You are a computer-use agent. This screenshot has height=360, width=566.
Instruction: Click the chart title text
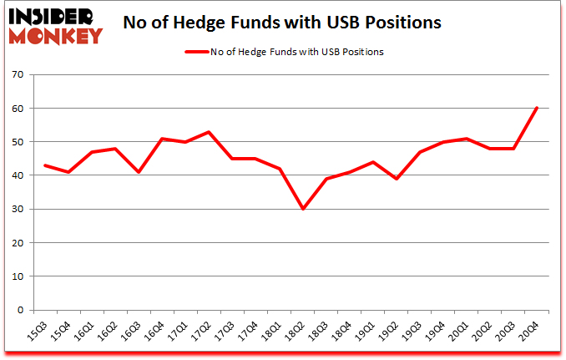[282, 23]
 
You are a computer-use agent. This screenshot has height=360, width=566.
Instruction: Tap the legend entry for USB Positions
[296, 52]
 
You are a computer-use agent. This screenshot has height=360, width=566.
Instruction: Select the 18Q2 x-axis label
[298, 329]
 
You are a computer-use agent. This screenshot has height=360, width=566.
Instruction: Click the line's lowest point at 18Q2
[303, 209]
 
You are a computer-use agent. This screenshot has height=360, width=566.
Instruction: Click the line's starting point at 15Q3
[44, 165]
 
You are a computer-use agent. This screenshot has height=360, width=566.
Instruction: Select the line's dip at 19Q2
[397, 179]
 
